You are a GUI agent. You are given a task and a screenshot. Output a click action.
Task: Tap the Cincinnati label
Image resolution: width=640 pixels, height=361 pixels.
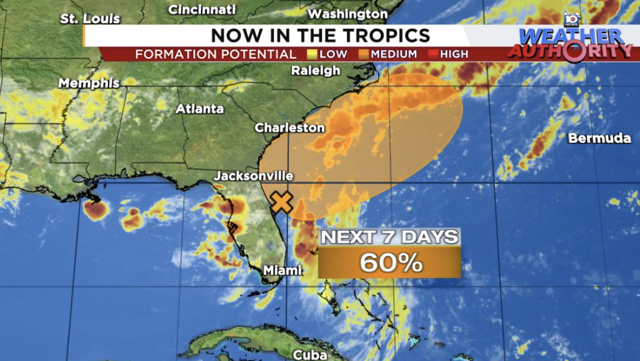[x=202, y=9]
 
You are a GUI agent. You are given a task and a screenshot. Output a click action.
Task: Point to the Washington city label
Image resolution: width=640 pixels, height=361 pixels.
[x=347, y=13]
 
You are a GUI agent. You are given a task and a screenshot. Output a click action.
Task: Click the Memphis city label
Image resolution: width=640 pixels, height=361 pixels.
[x=89, y=83]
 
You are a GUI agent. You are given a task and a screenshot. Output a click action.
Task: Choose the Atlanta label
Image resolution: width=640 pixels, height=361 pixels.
[x=199, y=108]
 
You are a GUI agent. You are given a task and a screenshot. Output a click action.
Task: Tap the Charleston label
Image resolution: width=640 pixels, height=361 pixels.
[x=289, y=128]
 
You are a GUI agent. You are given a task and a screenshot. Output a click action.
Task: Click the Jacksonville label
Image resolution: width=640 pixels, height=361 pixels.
[x=253, y=176]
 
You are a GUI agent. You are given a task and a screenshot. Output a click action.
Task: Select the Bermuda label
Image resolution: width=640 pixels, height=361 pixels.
[x=600, y=138]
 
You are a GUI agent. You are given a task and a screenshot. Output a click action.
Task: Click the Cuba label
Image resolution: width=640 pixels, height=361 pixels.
[x=310, y=355]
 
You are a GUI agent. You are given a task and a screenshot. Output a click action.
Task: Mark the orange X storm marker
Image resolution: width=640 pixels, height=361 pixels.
[x=282, y=202]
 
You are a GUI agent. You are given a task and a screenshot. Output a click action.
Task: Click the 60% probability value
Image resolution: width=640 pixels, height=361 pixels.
[x=390, y=262]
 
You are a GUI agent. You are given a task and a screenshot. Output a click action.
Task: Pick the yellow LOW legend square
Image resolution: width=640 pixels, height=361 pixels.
[x=311, y=54]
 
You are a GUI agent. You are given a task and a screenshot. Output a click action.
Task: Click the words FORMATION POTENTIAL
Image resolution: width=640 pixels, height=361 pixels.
[x=215, y=54]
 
